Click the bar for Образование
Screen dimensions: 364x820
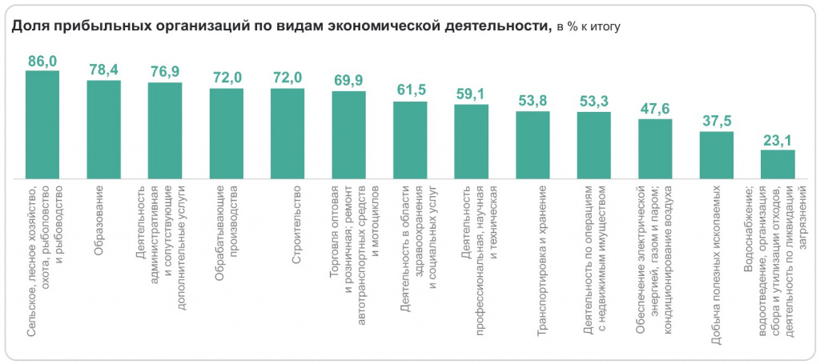click(x=103, y=129)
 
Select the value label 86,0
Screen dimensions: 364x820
click(x=42, y=61)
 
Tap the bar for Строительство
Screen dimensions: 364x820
click(x=287, y=133)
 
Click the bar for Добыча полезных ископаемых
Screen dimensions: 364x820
click(x=716, y=154)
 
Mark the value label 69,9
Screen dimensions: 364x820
click(x=348, y=81)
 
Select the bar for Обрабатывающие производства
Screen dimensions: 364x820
click(x=226, y=133)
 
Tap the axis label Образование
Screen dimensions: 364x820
click(x=100, y=220)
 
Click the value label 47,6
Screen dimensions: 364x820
click(x=655, y=109)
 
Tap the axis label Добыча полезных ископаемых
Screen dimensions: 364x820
click(x=716, y=263)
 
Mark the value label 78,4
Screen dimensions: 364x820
click(x=103, y=70)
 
